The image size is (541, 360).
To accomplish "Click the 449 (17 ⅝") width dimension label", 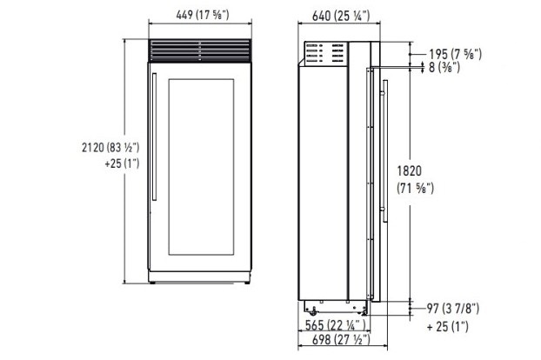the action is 203,15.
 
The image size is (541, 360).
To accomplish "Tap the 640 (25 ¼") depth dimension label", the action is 341,16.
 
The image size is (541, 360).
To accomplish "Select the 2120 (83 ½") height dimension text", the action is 110,147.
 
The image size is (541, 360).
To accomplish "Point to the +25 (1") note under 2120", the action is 122,163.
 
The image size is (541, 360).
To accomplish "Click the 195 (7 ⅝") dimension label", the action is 455,54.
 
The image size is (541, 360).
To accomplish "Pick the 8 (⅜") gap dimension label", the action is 444,67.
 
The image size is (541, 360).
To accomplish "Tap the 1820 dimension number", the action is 409,170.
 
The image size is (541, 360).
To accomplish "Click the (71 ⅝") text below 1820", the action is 416,188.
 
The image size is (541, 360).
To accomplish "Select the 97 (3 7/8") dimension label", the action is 453,309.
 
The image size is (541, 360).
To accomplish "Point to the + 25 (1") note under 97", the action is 447,326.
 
